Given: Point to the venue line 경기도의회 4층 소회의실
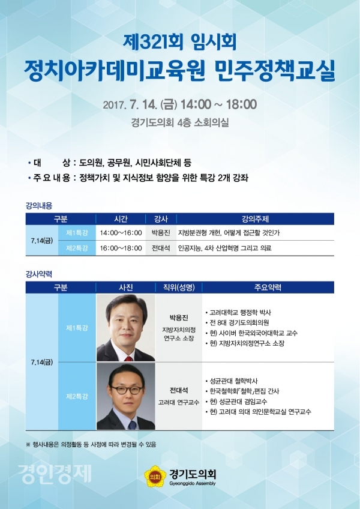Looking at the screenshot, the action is [180, 122].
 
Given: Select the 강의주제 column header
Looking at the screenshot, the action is [255, 219].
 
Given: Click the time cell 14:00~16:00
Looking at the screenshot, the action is [121, 233].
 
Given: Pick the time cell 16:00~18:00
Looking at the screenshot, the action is [121, 248].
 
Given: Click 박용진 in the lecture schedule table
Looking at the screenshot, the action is [161, 233].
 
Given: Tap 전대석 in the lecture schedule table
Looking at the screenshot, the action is [161, 248].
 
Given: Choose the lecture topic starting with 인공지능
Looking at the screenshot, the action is [224, 248].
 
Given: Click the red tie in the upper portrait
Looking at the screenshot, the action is [129, 358].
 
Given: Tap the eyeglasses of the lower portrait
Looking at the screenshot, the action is [127, 390].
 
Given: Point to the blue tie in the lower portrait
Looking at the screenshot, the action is [132, 424].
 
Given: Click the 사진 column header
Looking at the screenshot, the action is [125, 288].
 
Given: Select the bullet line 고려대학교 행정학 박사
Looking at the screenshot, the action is [238, 313].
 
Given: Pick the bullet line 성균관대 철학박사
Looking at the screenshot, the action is [232, 381].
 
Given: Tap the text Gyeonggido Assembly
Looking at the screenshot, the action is [193, 484].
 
